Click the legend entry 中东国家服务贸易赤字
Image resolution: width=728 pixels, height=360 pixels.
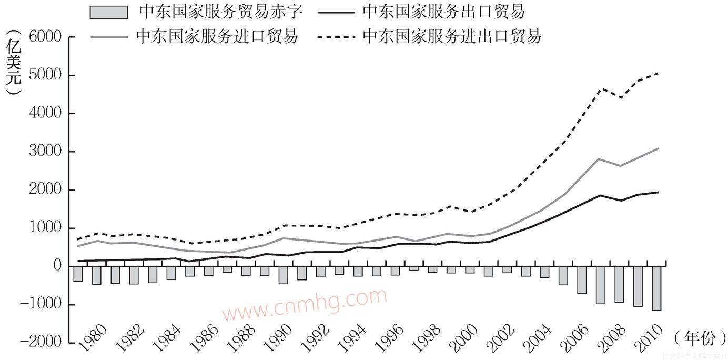[x=221, y=11]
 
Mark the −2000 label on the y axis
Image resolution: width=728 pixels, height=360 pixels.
[x=44, y=343]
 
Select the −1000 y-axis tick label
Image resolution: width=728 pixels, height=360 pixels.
[x=44, y=305]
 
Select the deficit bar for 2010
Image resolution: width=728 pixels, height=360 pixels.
[x=656, y=288]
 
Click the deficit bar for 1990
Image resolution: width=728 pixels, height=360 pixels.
[x=284, y=275]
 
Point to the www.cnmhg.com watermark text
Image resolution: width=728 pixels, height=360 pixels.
[x=304, y=305]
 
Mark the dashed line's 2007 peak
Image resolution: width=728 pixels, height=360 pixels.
[x=601, y=89]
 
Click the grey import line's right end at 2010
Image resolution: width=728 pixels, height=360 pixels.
[x=658, y=148]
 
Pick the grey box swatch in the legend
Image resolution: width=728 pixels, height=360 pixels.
[x=109, y=12]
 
